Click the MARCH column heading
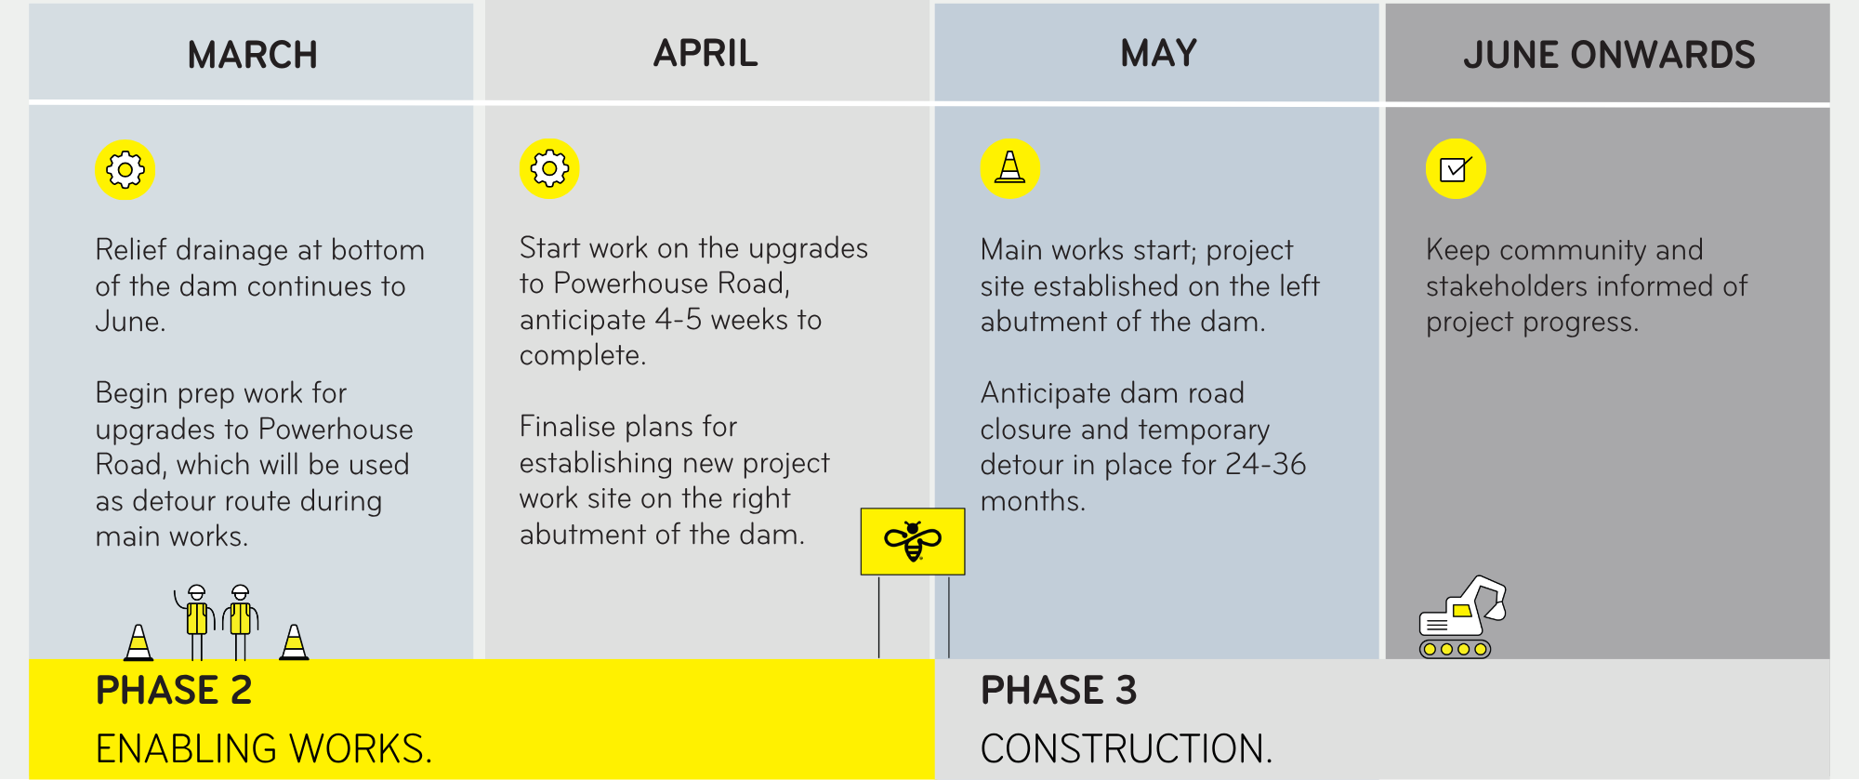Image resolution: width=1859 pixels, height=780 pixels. point(252,55)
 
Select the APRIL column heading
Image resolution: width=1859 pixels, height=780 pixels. point(705,53)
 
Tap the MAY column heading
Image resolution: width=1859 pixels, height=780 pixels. point(1158,53)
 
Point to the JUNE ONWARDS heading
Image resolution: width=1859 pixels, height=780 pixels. point(1609,55)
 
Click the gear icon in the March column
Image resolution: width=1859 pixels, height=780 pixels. point(125,170)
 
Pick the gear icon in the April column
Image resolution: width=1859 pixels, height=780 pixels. point(549,168)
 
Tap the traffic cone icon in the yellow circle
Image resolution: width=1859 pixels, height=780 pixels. point(1009,168)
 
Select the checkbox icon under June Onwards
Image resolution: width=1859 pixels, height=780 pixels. point(1456,168)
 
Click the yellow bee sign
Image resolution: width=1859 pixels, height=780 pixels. point(913,541)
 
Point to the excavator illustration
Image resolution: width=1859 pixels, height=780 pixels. point(1461,617)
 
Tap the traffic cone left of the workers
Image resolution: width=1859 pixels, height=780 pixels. point(138,641)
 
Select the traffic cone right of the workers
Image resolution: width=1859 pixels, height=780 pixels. point(294,641)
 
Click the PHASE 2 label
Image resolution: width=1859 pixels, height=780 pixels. point(174,691)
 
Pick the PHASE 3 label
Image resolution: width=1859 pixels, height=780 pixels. point(1059,691)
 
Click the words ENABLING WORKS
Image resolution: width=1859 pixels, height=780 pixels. point(264,748)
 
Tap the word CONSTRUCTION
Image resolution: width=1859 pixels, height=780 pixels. point(1126,748)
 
